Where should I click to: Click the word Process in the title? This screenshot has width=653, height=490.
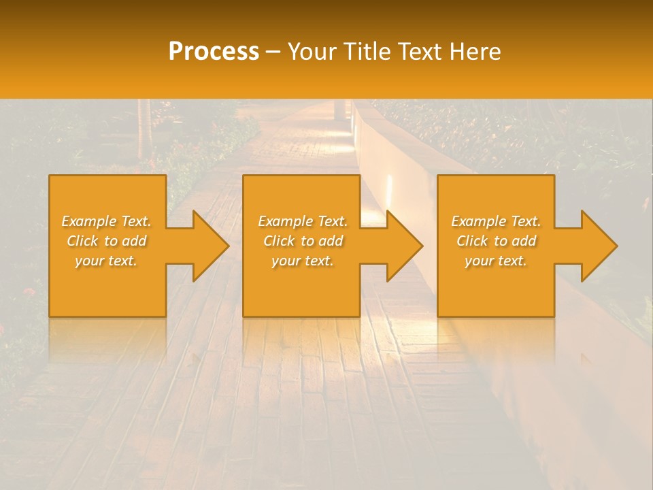click(x=214, y=52)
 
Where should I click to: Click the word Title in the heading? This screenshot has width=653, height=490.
click(x=365, y=52)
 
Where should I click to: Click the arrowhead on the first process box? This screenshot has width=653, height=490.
click(x=207, y=246)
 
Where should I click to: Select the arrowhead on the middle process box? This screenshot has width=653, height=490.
click(x=401, y=246)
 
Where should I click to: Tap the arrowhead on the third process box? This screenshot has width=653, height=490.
click(x=596, y=246)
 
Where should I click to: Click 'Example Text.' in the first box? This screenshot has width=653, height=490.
click(x=107, y=221)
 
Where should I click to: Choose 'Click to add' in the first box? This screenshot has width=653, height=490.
click(x=107, y=241)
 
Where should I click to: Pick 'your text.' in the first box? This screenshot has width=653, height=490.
click(x=107, y=261)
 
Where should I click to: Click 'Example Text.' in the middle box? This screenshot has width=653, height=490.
click(x=303, y=221)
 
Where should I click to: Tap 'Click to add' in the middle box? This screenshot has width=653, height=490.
click(x=303, y=241)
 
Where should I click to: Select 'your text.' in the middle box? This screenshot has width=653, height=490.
click(x=303, y=261)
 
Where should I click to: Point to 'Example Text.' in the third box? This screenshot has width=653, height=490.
click(x=496, y=221)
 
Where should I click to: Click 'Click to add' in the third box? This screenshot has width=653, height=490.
click(x=496, y=241)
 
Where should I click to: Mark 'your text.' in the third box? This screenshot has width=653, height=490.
click(x=496, y=261)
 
